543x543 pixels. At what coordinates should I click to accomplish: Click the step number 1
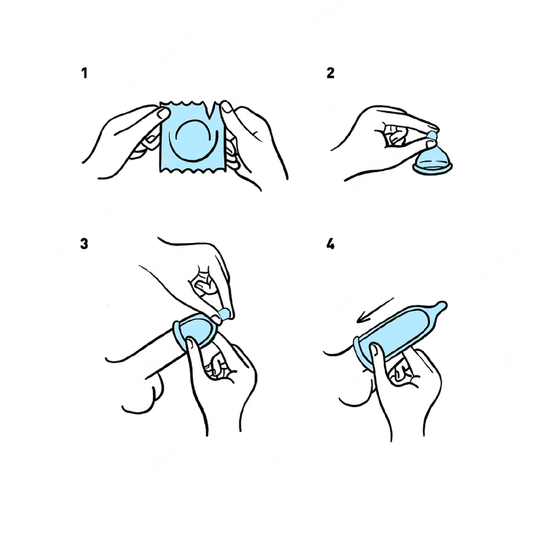tap(84, 73)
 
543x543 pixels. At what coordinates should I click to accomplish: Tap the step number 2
tap(331, 73)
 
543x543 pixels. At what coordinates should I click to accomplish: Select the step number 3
tap(84, 244)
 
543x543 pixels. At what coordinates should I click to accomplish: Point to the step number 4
tap(330, 244)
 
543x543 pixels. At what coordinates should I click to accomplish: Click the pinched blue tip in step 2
tap(433, 135)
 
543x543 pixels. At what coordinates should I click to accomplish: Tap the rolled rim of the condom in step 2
tap(433, 168)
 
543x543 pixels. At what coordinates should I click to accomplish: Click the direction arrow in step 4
tap(375, 310)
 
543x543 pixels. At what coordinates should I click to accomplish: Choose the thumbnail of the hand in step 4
tap(374, 350)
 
